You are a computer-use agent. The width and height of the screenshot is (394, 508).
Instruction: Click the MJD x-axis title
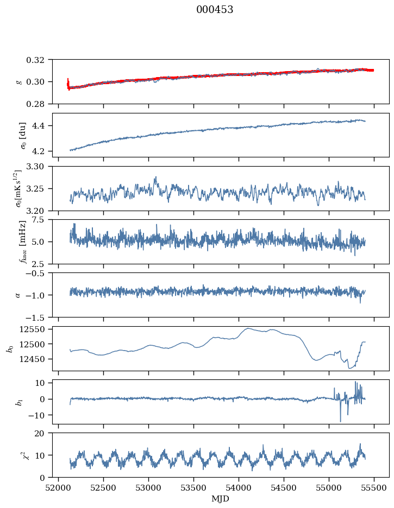pos(220,498)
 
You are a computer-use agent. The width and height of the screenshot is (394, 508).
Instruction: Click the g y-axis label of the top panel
pos(19,81)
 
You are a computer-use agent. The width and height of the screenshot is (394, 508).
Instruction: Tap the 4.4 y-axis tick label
pos(43,126)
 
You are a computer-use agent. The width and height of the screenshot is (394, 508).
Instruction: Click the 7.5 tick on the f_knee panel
pos(43,220)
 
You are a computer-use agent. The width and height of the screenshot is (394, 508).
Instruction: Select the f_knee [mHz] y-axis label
pos(23,242)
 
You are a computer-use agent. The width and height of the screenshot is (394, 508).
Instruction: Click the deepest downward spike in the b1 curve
pos(341,422)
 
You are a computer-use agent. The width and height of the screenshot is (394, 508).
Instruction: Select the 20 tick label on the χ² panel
pos(43,434)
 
